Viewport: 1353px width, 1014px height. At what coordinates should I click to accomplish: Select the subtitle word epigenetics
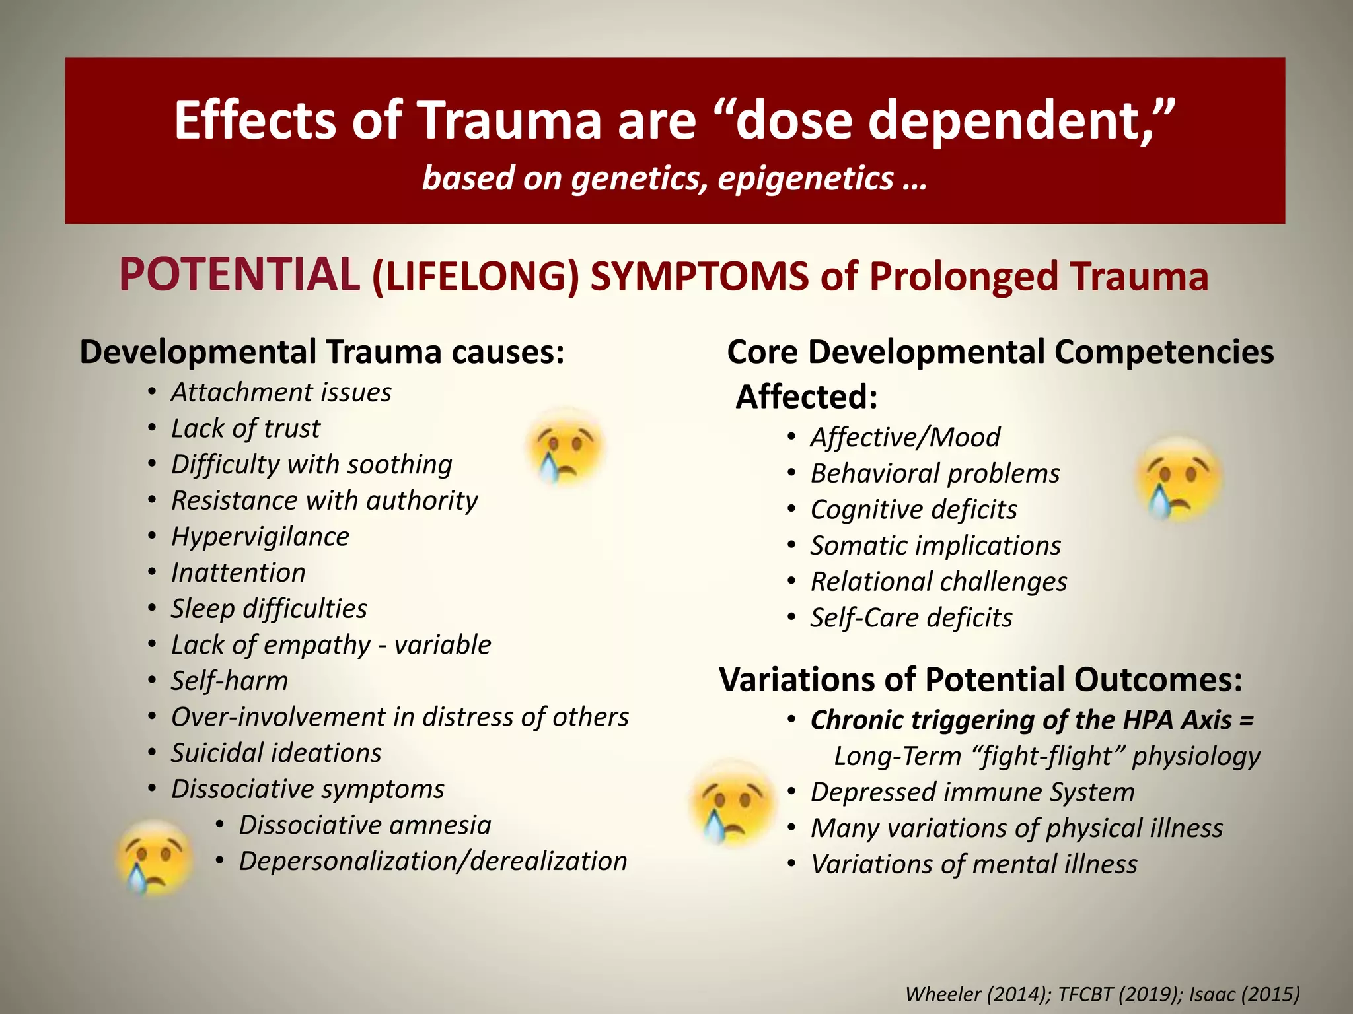pyautogui.click(x=806, y=178)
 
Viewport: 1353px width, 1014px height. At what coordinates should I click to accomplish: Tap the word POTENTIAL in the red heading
pyautogui.click(x=239, y=275)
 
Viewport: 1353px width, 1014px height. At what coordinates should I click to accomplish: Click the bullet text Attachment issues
pyautogui.click(x=281, y=392)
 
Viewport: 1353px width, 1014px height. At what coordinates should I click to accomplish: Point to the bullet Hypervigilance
pyautogui.click(x=260, y=537)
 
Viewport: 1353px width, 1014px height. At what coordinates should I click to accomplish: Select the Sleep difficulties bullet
pyautogui.click(x=269, y=609)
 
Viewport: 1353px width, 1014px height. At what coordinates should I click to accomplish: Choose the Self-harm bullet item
pyautogui.click(x=229, y=681)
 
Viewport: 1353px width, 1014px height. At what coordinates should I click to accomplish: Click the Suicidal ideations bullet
pyautogui.click(x=276, y=753)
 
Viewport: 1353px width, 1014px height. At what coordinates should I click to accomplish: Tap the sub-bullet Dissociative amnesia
pyautogui.click(x=365, y=825)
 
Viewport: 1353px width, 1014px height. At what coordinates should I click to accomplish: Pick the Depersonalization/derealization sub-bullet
pyautogui.click(x=433, y=861)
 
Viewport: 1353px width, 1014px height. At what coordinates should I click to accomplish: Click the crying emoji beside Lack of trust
pyautogui.click(x=566, y=446)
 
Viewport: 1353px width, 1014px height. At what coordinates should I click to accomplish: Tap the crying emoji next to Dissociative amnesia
pyautogui.click(x=154, y=857)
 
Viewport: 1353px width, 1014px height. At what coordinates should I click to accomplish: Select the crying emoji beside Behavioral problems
pyautogui.click(x=1178, y=479)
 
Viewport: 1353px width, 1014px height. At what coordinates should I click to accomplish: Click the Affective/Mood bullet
pyautogui.click(x=905, y=437)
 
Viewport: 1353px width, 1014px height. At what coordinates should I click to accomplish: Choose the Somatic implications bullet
pyautogui.click(x=935, y=545)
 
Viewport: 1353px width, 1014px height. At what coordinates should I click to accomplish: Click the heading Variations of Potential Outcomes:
pyautogui.click(x=980, y=679)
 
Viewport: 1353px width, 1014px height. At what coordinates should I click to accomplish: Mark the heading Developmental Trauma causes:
pyautogui.click(x=322, y=352)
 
